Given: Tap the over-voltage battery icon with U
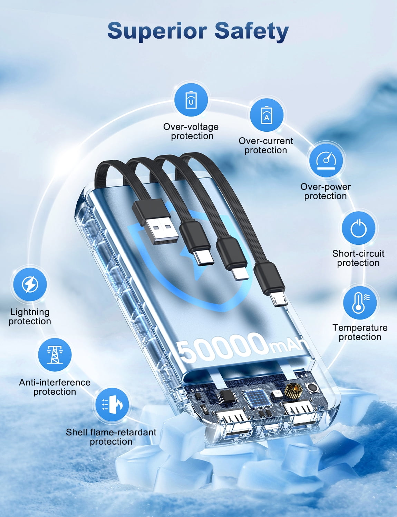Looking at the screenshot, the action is pyautogui.click(x=191, y=100).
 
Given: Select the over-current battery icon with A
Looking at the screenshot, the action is pyautogui.click(x=267, y=115).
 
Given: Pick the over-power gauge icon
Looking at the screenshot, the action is pyautogui.click(x=326, y=160).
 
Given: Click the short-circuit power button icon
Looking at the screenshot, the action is pyautogui.click(x=358, y=228).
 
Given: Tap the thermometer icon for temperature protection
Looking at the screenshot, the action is pyautogui.click(x=360, y=303).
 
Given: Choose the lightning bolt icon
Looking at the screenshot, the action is pyautogui.click(x=30, y=284).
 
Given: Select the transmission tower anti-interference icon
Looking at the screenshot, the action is pyautogui.click(x=55, y=355).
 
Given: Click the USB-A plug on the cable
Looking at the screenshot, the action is pyautogui.click(x=155, y=222).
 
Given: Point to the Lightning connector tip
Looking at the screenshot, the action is pyautogui.click(x=240, y=274).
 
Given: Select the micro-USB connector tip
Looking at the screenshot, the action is pyautogui.click(x=278, y=299).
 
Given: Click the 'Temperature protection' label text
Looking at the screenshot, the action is pyautogui.click(x=360, y=332).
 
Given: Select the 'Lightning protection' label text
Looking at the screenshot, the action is pyautogui.click(x=30, y=316).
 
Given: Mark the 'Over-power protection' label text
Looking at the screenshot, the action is pyautogui.click(x=326, y=191).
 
